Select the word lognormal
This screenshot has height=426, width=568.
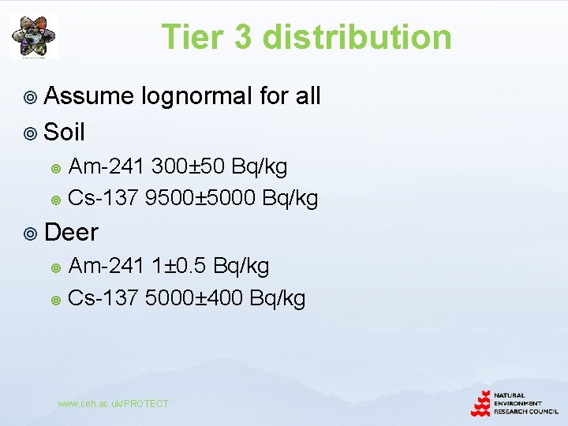197,97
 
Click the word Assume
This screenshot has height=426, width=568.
89,97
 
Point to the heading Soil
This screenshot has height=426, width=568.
65,132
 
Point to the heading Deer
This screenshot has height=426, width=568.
72,232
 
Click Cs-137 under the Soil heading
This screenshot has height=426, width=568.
103,198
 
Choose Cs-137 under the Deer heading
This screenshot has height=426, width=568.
103,298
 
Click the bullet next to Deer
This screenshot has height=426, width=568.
31,233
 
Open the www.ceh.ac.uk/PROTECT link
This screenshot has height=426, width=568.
113,404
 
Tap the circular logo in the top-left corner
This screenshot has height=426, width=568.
33,35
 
